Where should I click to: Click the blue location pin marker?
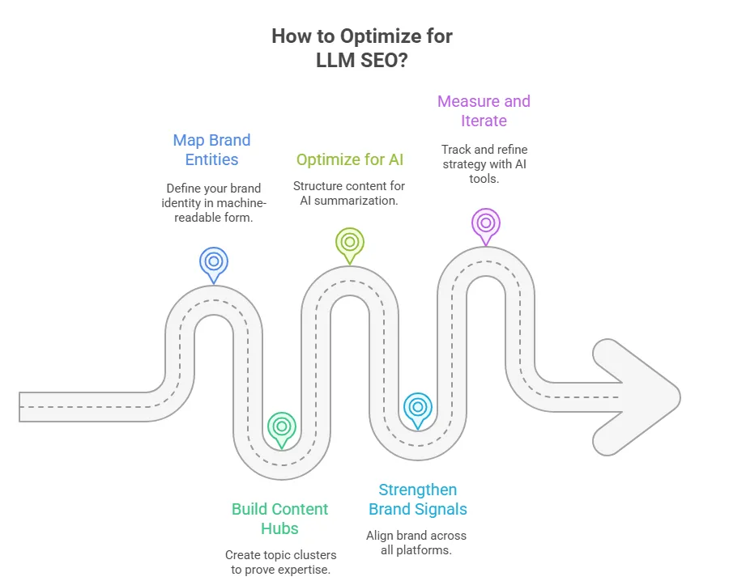[213, 261]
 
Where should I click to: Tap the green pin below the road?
[281, 426]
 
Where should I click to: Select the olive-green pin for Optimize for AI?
[349, 242]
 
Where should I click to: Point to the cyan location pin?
[417, 407]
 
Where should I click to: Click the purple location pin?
[485, 223]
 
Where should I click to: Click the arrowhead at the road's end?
[640, 397]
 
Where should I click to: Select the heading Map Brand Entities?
[211, 150]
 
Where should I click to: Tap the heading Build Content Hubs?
[279, 519]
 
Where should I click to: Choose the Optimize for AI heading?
[349, 159]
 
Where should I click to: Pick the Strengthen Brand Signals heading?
[418, 499]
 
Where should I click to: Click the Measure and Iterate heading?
[484, 111]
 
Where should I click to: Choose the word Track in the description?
[456, 150]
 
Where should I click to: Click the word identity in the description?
[185, 201]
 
